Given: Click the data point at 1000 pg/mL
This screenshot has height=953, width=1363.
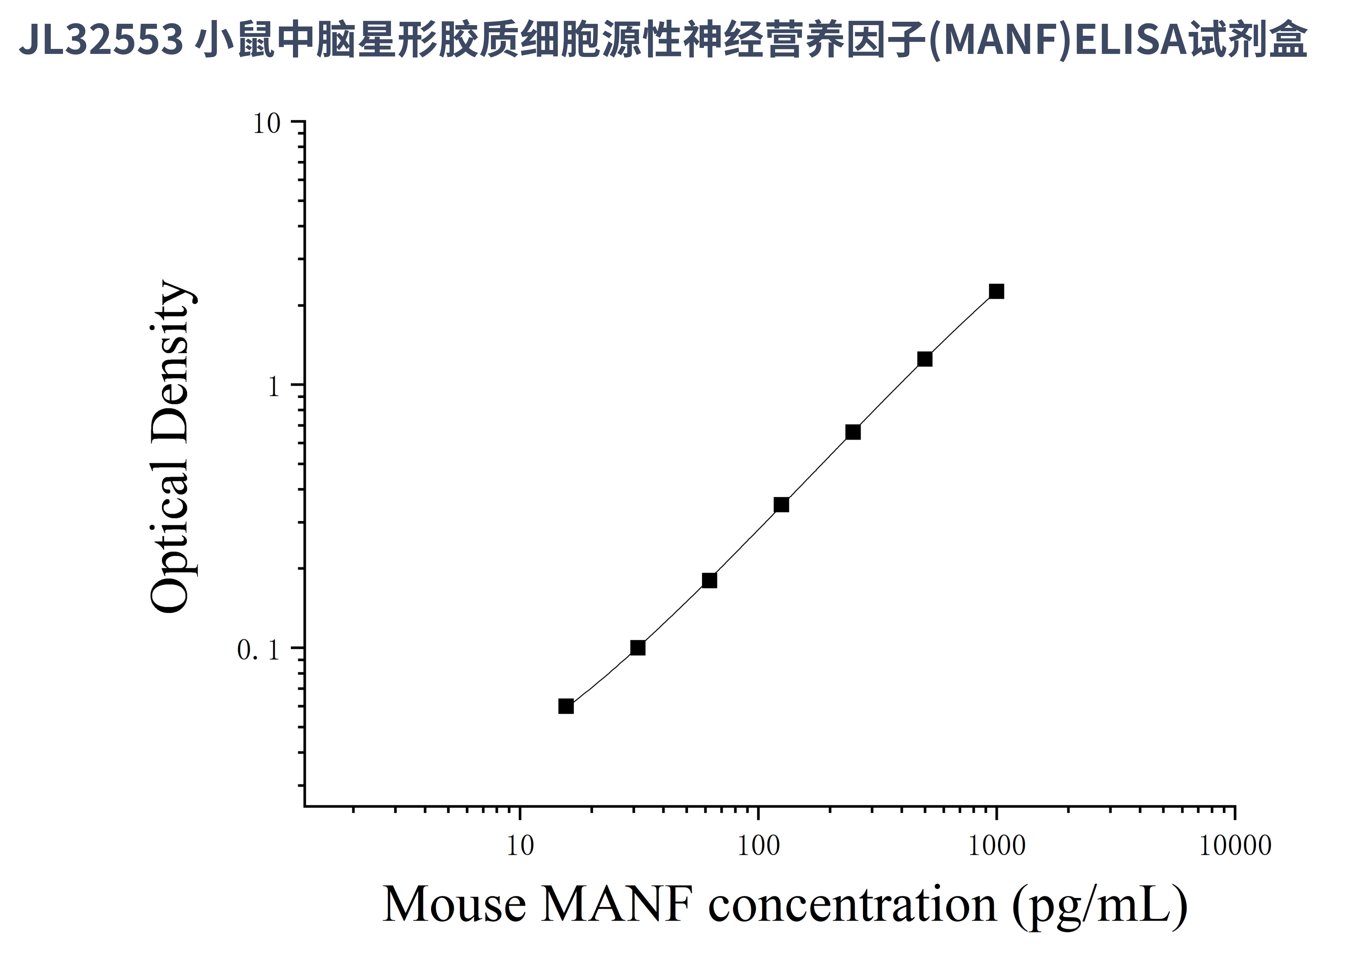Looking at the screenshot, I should (996, 291).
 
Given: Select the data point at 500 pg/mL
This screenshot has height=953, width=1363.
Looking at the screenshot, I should (924, 359).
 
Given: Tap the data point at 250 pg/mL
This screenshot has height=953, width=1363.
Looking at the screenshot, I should (852, 432).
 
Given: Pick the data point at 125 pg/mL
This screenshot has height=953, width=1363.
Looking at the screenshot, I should (781, 505).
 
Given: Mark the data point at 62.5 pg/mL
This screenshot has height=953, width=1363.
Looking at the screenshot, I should (710, 580).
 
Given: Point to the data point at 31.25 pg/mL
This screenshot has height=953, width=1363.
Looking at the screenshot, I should (638, 647).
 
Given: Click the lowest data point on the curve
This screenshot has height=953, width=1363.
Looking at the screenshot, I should (566, 706).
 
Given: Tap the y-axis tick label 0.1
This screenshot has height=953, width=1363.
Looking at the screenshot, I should (258, 650).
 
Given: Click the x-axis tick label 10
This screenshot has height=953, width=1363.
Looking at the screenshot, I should (520, 846).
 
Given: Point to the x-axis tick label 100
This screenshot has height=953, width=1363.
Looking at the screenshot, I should (758, 846).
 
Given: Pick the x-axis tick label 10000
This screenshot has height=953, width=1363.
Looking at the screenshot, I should (1235, 846).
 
